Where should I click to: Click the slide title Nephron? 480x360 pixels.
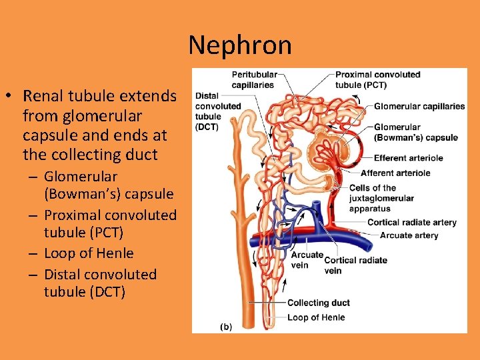(239, 45)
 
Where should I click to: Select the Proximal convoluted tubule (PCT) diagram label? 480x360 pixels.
(377, 79)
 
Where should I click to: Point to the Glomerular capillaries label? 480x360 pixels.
(419, 107)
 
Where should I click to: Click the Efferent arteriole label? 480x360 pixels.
(408, 158)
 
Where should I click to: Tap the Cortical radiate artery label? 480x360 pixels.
(411, 223)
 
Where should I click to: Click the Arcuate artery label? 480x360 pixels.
(409, 235)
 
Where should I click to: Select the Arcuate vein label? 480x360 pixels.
(307, 260)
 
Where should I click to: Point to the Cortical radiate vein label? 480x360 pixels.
(355, 265)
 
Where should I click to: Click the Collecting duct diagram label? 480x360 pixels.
(318, 303)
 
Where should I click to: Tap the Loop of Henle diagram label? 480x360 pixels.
(316, 317)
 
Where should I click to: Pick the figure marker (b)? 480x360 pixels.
(226, 327)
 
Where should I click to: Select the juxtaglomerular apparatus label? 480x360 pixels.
(381, 198)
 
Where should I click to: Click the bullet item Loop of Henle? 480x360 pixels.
(89, 253)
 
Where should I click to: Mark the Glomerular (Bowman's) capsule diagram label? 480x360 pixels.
(415, 132)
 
